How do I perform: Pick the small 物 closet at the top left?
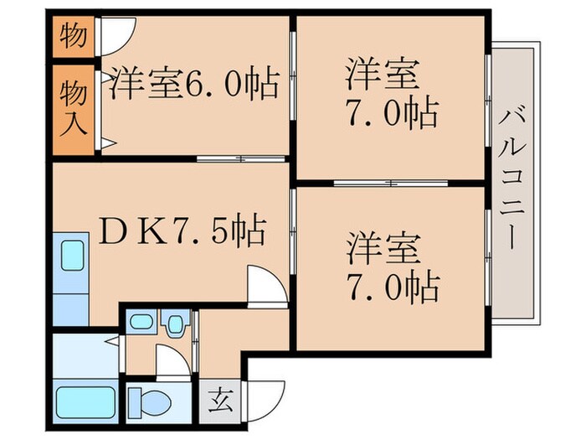(x=74, y=38)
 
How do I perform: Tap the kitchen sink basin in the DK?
(x=70, y=252)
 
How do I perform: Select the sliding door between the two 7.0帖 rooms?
(x=388, y=182)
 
